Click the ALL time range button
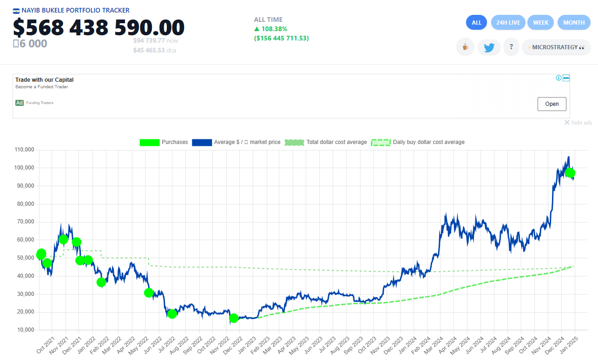(x=476, y=22)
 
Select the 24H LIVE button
(x=508, y=22)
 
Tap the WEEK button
(x=540, y=22)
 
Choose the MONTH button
(x=574, y=22)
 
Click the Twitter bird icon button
(x=489, y=47)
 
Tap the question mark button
(x=511, y=47)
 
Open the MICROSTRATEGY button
(x=556, y=47)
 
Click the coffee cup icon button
(x=465, y=47)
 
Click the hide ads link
(x=578, y=123)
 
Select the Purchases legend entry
(x=164, y=142)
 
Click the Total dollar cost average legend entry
(x=326, y=142)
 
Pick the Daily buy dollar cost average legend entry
(x=418, y=142)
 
